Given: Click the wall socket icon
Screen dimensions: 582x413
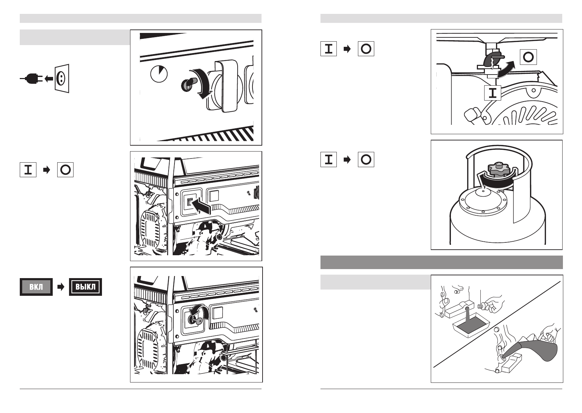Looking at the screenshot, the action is pyautogui.click(x=62, y=79).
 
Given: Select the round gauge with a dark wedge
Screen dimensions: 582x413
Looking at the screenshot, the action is pyautogui.click(x=159, y=74).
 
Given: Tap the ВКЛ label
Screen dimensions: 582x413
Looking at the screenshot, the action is pyautogui.click(x=36, y=287).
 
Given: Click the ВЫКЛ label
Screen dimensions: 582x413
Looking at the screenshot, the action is pyautogui.click(x=85, y=287).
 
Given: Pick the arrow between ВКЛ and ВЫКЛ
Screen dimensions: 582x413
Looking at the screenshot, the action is pyautogui.click(x=61, y=287).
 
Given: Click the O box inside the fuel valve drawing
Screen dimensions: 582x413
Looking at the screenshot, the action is pyautogui.click(x=528, y=57).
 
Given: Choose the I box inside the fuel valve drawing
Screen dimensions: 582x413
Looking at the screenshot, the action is pyautogui.click(x=493, y=93).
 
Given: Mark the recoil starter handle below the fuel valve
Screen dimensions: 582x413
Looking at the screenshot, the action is pyautogui.click(x=472, y=115).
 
